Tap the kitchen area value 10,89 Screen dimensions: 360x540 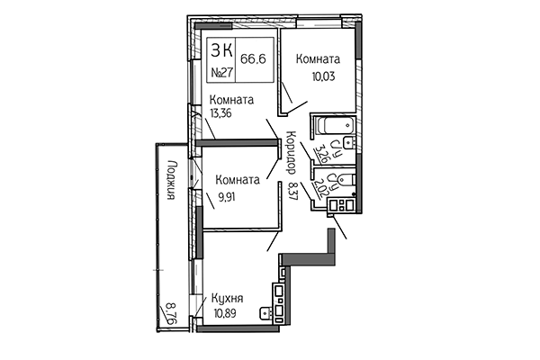click(x=229, y=313)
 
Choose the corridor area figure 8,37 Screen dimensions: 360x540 click(x=291, y=191)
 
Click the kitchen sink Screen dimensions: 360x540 click(x=265, y=313)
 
